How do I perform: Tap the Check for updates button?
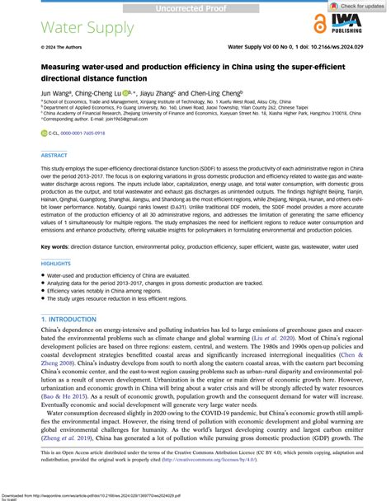point(356,7)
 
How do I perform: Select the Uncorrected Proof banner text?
point(195,7)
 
